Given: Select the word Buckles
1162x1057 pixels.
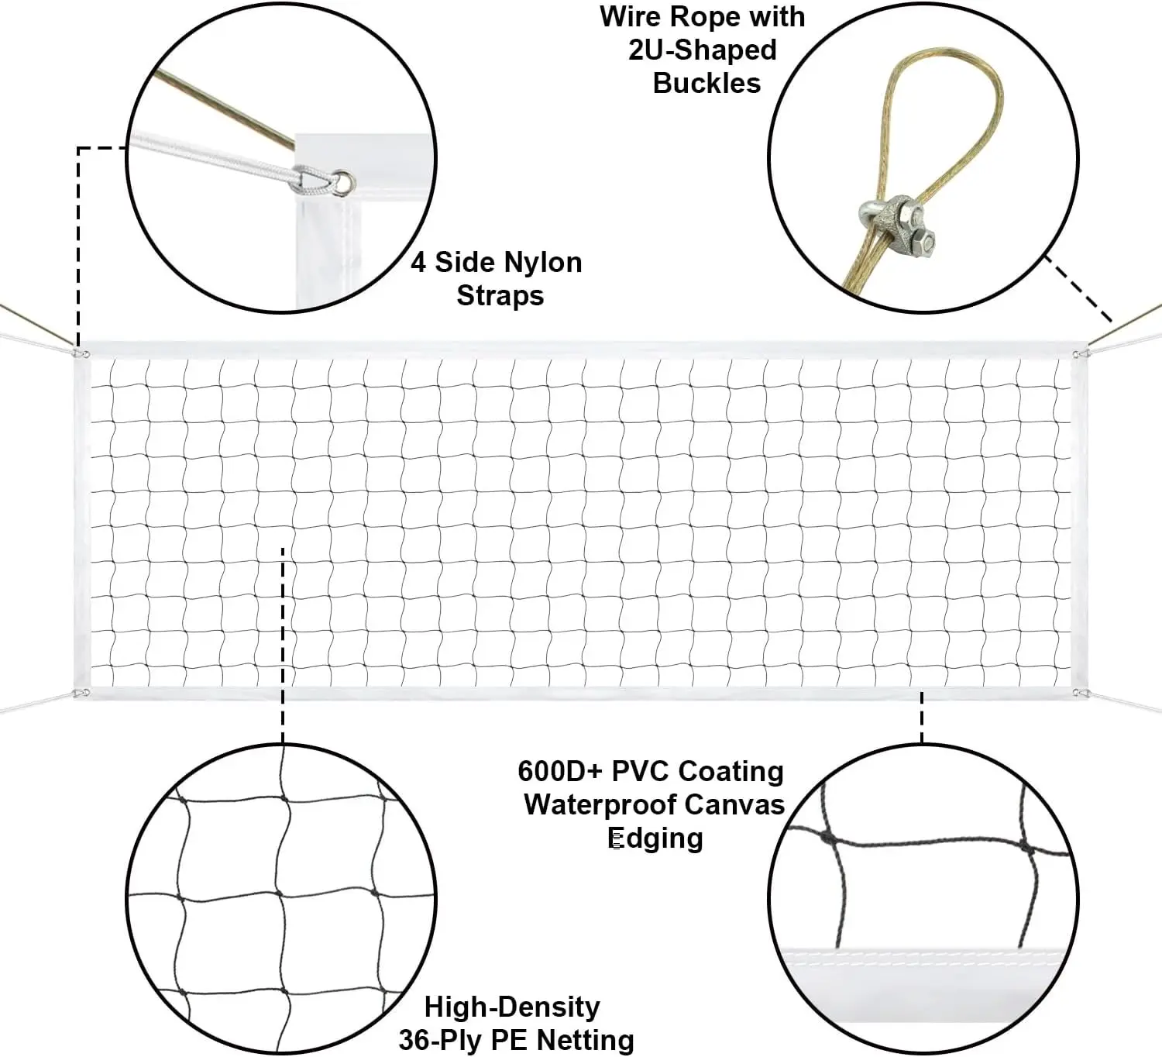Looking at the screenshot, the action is tap(706, 83).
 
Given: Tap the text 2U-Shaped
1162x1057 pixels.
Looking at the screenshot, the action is tap(702, 50).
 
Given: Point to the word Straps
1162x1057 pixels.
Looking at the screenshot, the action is tap(500, 296).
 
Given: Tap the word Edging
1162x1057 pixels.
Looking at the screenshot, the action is tap(655, 838).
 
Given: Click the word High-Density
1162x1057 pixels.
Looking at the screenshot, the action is tap(512, 1007).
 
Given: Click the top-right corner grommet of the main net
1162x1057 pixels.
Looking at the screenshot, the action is tap(1077, 355).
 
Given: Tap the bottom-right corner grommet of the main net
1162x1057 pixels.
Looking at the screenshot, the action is tap(1077, 692).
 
